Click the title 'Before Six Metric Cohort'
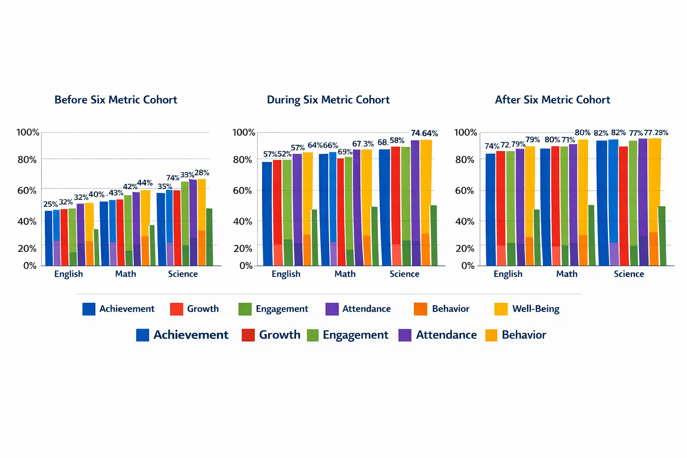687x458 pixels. pos(115,100)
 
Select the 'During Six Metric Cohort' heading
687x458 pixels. pos(328,100)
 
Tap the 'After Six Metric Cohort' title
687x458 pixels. pos(552,100)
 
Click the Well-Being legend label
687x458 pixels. pos(535,309)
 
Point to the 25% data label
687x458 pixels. pos(50,204)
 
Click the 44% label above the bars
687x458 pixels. pos(145,183)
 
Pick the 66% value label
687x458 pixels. pos(330,145)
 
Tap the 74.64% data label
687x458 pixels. pos(424,133)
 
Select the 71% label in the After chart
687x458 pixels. pos(568,140)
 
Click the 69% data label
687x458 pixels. pos(345,152)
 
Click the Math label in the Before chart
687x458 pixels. pos(125,274)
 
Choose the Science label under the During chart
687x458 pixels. pos(404,274)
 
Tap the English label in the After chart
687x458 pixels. pos(508,274)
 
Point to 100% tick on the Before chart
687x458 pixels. pos(28,132)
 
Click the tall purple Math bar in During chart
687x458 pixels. pos(356,206)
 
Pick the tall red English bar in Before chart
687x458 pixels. pos(64,237)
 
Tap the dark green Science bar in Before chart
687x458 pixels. pos(209,237)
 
